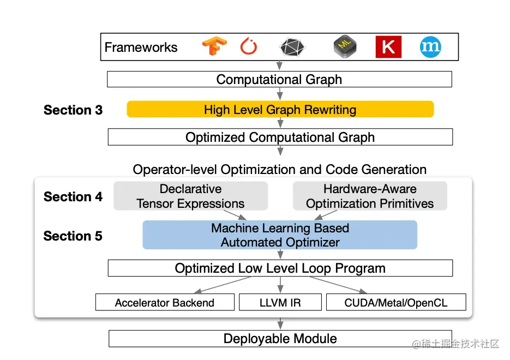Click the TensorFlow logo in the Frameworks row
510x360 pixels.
click(214, 47)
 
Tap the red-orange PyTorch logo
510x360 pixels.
click(248, 47)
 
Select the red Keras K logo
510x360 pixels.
click(388, 47)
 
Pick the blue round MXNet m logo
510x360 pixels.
click(430, 47)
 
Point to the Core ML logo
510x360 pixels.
click(345, 47)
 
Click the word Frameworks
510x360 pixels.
click(141, 47)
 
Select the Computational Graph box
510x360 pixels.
click(279, 80)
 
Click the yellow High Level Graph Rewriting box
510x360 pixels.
click(280, 110)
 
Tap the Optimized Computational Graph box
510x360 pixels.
click(280, 137)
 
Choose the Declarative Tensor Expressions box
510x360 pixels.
click(190, 196)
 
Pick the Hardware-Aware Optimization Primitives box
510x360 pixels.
click(370, 196)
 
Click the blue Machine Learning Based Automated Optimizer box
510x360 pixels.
click(280, 235)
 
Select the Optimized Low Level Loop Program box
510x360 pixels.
click(280, 268)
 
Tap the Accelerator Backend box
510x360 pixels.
click(165, 303)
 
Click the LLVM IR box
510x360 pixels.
click(280, 303)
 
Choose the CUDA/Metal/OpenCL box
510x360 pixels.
click(396, 303)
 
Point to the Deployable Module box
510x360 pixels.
click(280, 339)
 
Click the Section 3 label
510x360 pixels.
click(73, 110)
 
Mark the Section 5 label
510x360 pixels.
click(73, 236)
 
